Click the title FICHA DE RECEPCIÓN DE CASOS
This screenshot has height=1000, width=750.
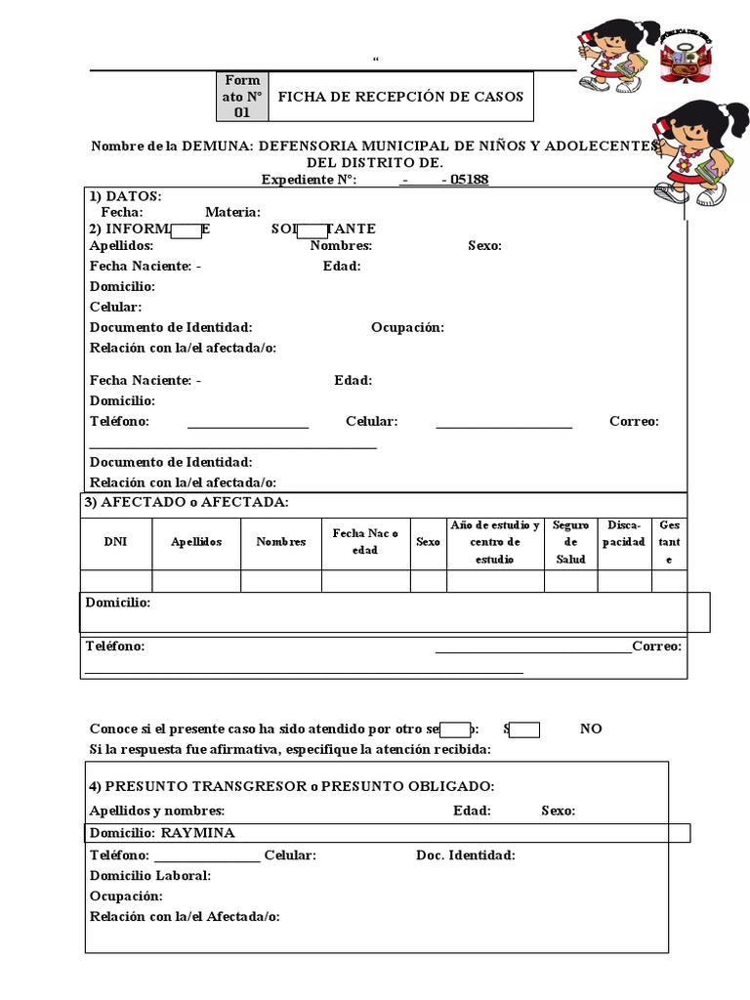pyautogui.click(x=400, y=96)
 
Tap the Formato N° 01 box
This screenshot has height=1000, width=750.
pyautogui.click(x=241, y=96)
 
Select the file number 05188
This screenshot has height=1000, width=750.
pyautogui.click(x=470, y=180)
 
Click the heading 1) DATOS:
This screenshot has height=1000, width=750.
pyautogui.click(x=126, y=196)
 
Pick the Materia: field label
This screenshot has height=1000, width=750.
pyautogui.click(x=232, y=212)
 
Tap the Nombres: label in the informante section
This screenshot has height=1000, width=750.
pyautogui.click(x=341, y=246)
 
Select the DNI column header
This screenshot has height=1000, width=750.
pyautogui.click(x=115, y=542)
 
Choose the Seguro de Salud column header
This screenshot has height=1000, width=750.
pyautogui.click(x=570, y=542)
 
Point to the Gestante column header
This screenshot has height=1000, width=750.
pyautogui.click(x=669, y=542)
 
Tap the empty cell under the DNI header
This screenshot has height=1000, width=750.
pyautogui.click(x=115, y=581)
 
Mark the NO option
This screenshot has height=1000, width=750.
pyautogui.click(x=591, y=729)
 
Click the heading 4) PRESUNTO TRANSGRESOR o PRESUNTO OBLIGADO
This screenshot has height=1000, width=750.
pyautogui.click(x=292, y=786)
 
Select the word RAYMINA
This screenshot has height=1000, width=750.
pyautogui.click(x=197, y=833)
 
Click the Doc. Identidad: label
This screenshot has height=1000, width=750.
pyautogui.click(x=466, y=855)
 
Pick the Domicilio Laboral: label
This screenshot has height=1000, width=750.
pyautogui.click(x=150, y=876)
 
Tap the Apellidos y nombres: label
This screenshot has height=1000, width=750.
pyautogui.click(x=157, y=811)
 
